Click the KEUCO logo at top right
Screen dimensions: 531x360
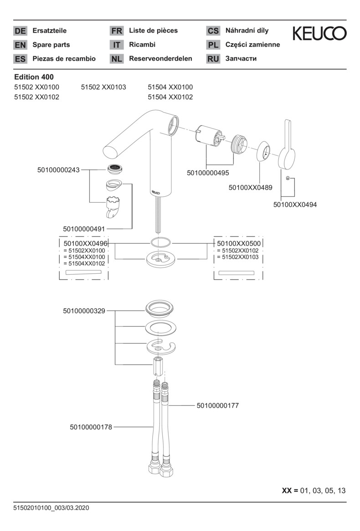(x=319, y=33)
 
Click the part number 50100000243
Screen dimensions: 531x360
(x=58, y=170)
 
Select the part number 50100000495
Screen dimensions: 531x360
(x=208, y=173)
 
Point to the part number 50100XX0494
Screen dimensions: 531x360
(x=294, y=204)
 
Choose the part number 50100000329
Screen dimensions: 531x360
(x=84, y=311)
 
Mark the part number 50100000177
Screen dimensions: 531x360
(x=217, y=405)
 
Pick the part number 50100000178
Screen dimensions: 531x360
(x=91, y=427)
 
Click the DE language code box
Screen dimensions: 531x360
(x=20, y=31)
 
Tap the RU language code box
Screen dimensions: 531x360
(x=213, y=59)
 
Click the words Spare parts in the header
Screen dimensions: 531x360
(x=51, y=45)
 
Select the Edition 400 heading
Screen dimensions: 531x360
(x=34, y=77)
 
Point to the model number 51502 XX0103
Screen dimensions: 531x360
(x=103, y=87)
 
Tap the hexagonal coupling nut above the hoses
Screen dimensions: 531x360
(x=157, y=366)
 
